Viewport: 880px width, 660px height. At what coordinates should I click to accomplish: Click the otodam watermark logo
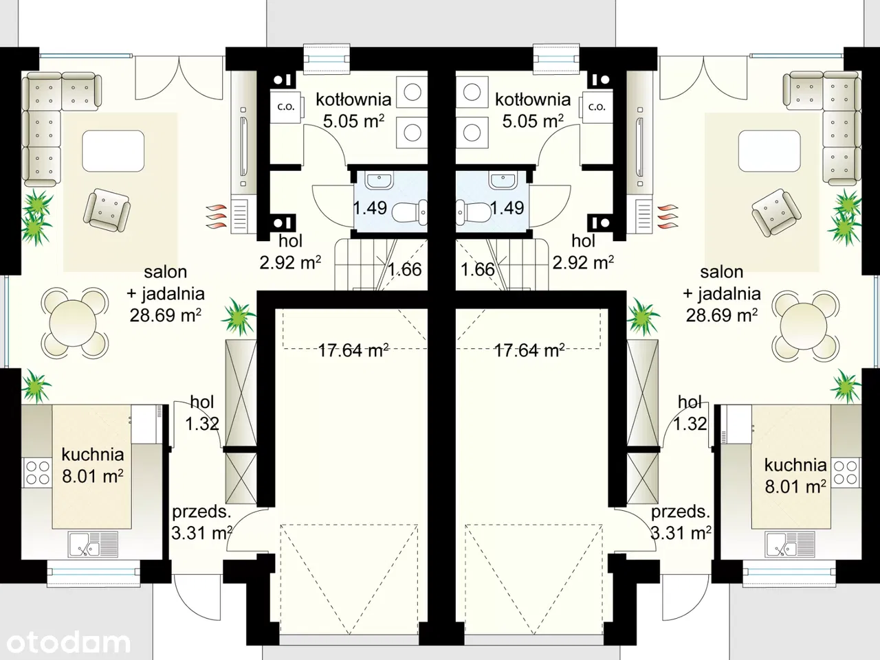[69, 643]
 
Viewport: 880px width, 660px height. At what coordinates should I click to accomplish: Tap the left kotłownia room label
[353, 100]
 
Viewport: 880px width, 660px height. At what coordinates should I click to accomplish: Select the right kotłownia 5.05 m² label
[533, 110]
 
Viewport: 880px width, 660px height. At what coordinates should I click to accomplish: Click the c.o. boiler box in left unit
[286, 107]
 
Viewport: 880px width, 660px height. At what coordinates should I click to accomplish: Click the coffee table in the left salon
[113, 151]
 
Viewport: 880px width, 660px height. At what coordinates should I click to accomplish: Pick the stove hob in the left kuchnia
[37, 473]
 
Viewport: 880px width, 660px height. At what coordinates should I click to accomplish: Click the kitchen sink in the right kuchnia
[790, 544]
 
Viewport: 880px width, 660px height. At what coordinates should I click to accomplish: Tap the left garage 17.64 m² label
[353, 350]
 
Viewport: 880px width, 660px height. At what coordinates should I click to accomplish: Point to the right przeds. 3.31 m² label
[681, 523]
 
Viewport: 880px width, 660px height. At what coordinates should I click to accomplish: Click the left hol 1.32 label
[202, 413]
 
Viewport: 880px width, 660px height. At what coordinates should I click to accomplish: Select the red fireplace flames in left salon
[217, 216]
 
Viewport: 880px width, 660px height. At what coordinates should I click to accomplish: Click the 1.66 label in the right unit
[478, 269]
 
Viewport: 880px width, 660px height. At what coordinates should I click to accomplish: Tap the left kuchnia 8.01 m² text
[93, 466]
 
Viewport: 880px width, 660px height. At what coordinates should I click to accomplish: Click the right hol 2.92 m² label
[583, 252]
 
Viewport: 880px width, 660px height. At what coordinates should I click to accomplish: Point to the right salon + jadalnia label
[722, 293]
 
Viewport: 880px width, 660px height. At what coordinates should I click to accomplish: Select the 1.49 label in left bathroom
[370, 208]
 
